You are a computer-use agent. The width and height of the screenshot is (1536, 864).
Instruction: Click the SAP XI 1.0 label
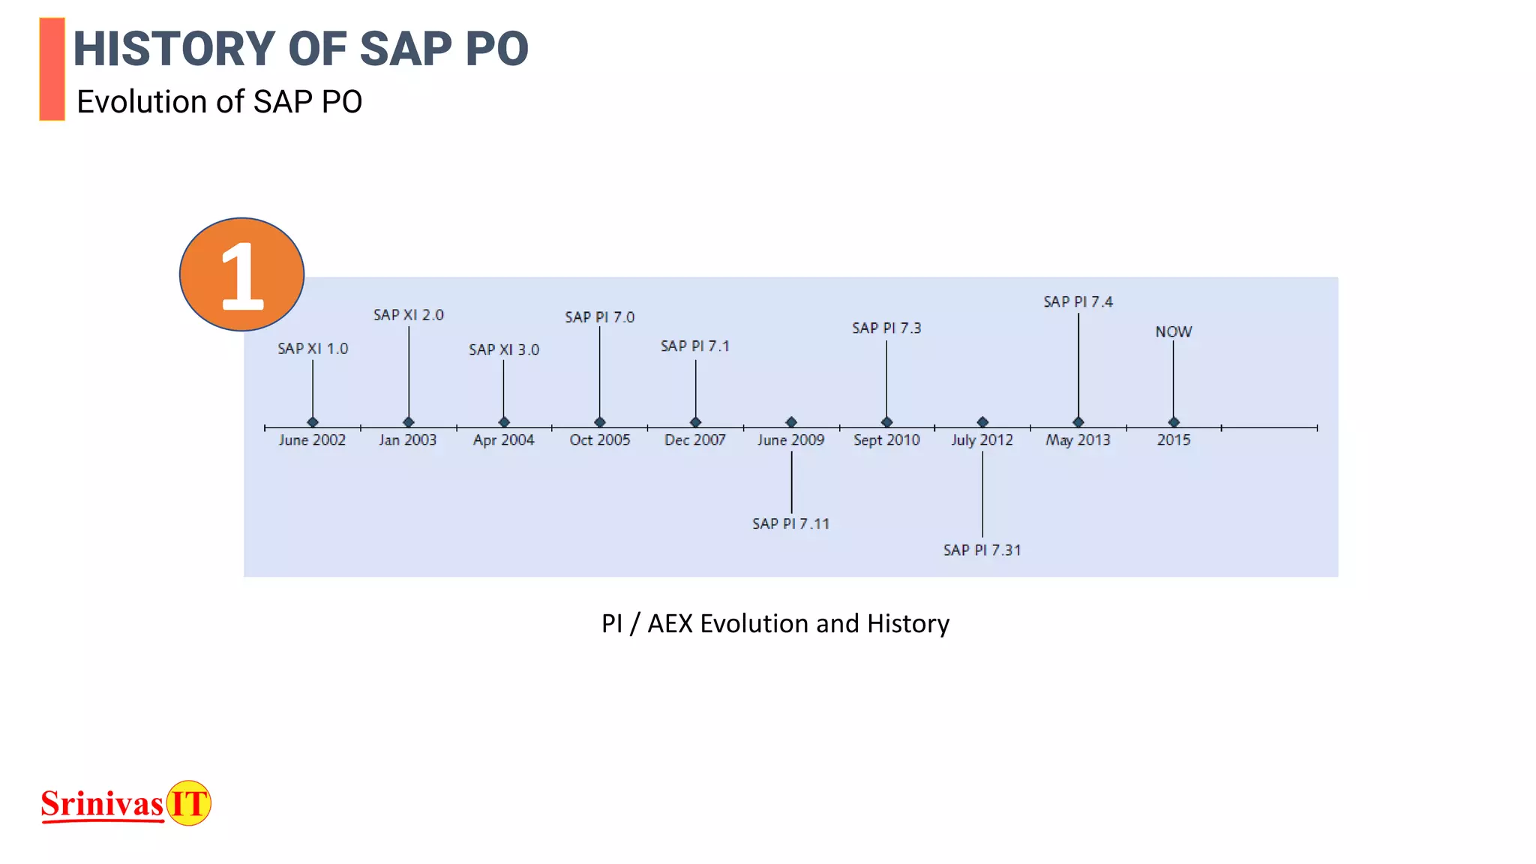(313, 349)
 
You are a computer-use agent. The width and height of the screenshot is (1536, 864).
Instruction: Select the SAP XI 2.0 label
(409, 315)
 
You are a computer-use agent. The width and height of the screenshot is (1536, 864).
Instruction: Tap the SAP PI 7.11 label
(791, 523)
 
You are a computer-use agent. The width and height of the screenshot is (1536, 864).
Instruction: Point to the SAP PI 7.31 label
(982, 550)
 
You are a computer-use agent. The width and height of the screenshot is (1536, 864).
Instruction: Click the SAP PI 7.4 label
(1078, 301)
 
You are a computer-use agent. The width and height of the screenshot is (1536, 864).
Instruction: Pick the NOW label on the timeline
(1174, 331)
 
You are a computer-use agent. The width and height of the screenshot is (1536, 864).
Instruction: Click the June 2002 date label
(312, 440)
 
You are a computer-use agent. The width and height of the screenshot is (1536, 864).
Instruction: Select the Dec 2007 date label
(695, 440)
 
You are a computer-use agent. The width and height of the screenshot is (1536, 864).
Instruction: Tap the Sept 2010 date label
(886, 440)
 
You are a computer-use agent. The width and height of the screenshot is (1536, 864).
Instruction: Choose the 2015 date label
(1174, 440)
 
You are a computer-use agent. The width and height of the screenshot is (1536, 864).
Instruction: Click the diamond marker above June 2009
(791, 422)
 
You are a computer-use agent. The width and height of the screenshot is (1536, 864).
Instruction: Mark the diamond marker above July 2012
(982, 422)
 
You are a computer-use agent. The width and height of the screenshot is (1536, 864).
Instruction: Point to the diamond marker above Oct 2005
(600, 422)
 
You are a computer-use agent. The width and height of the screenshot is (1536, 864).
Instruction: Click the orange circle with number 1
(241, 274)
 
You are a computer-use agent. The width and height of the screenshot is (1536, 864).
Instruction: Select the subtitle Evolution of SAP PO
(219, 102)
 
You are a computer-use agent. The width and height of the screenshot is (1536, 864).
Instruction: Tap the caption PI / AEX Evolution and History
(775, 623)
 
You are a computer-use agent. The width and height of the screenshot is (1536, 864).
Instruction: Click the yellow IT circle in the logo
(188, 803)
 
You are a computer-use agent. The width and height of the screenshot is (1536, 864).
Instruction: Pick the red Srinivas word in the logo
(102, 804)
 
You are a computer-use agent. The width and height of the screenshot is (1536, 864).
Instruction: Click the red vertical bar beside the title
(52, 69)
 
